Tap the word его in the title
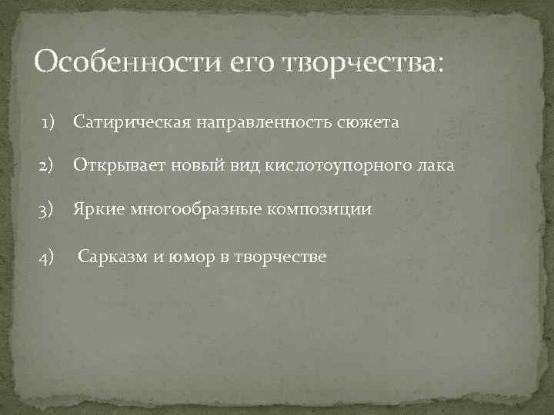pos(255,62)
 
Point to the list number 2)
pos(50,166)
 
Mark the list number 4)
pos(50,256)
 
